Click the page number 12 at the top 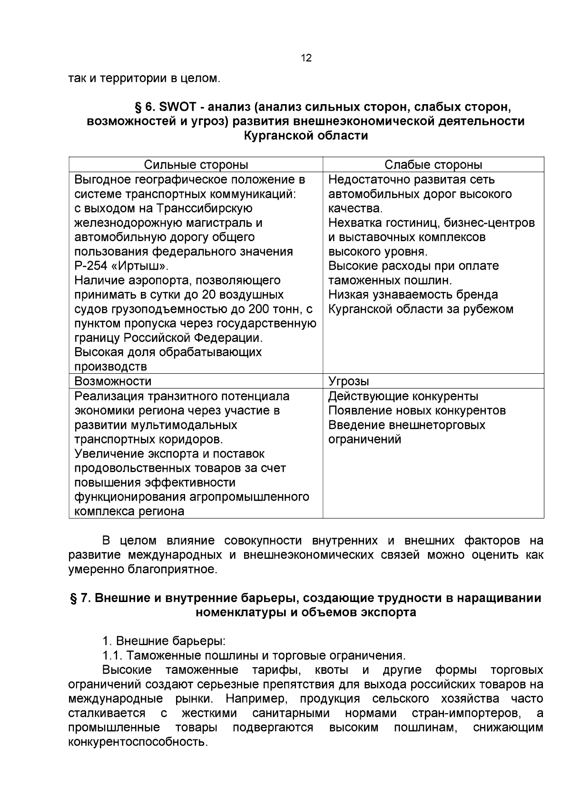306,58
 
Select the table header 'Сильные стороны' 196,165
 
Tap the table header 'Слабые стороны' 433,165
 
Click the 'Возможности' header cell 113,381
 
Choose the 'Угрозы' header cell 349,381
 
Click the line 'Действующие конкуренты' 404,396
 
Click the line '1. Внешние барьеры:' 164,641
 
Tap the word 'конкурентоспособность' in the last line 138,742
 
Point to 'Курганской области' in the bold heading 306,136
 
